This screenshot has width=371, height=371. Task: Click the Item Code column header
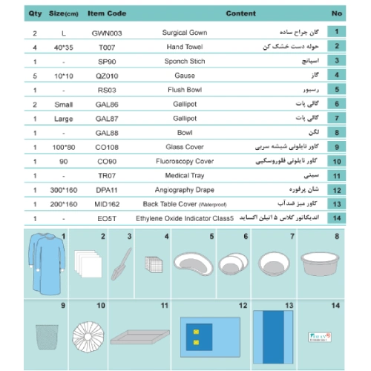(x=108, y=13)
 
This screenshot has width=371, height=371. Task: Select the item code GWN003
(x=107, y=33)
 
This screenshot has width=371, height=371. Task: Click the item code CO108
(x=107, y=148)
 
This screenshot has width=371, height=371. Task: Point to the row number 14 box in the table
(x=336, y=217)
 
